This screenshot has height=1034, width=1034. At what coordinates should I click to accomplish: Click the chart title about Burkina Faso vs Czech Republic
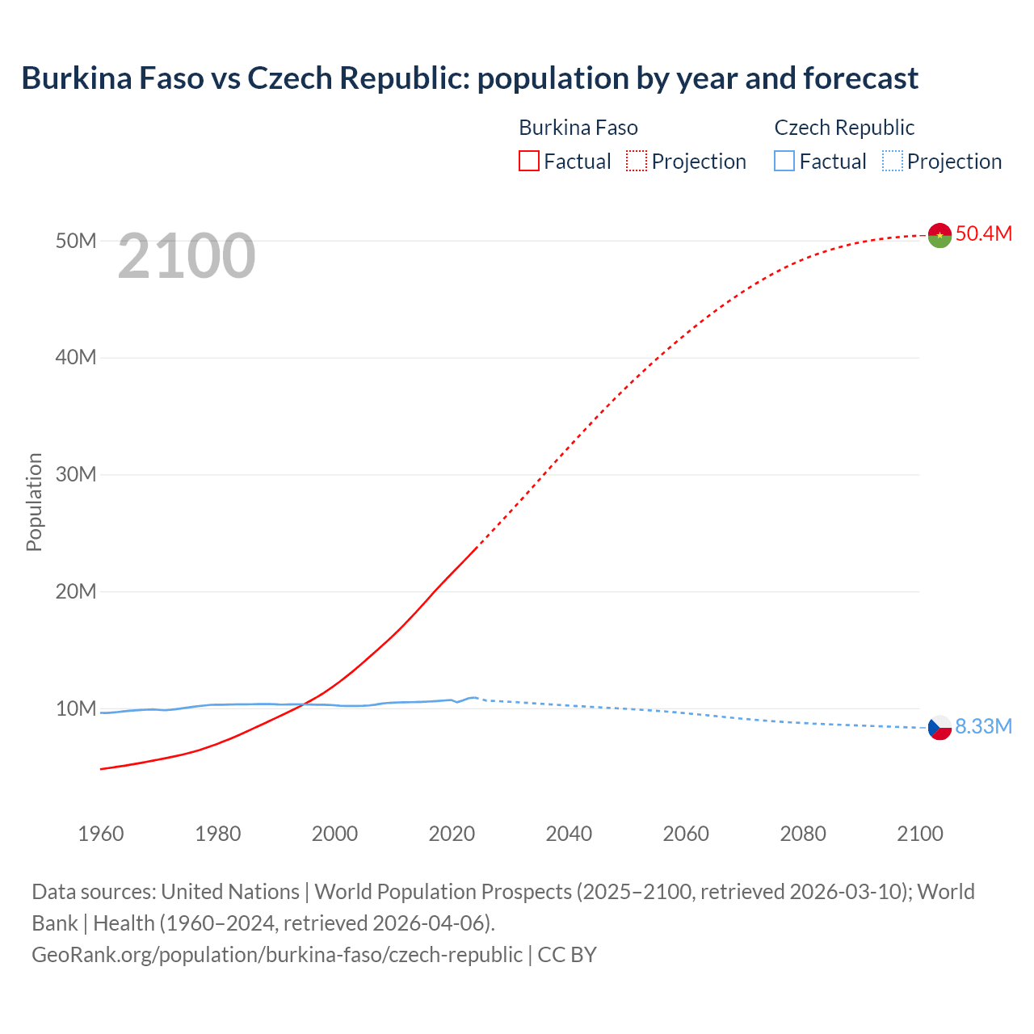click(469, 78)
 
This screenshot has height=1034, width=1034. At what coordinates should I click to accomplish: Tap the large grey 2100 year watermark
click(187, 256)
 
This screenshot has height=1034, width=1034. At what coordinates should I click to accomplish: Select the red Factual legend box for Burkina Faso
click(528, 161)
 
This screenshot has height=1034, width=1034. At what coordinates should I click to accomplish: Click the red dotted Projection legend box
click(637, 161)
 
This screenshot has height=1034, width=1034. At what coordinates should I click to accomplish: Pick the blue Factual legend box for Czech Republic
click(784, 161)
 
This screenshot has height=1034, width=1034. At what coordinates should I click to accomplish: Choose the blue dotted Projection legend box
click(893, 161)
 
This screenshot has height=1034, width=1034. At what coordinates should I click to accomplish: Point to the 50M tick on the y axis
click(76, 241)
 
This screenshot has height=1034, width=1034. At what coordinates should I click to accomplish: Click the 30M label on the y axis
click(76, 474)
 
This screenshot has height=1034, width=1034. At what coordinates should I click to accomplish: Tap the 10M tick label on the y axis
click(76, 708)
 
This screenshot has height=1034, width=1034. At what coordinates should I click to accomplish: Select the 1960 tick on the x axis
click(101, 834)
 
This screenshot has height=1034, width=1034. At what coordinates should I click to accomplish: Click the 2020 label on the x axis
click(452, 834)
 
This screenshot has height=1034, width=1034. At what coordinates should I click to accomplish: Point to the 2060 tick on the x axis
click(686, 834)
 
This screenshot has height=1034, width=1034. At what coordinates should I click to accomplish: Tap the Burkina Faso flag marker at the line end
click(939, 235)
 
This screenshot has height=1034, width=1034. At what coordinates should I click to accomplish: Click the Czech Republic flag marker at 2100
click(939, 728)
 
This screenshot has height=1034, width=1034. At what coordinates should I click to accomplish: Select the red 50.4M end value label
click(983, 233)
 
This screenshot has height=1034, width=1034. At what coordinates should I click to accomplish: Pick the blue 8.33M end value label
click(983, 726)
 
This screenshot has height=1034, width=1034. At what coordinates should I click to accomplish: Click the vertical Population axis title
click(34, 502)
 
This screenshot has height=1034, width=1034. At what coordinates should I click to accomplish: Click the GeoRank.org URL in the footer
click(277, 954)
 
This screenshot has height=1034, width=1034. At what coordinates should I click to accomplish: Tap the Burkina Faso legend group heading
click(578, 128)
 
